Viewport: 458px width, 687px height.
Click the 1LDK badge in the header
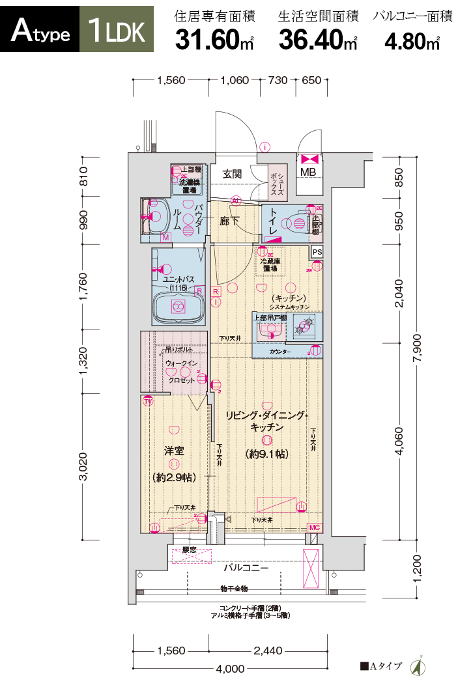[117, 31]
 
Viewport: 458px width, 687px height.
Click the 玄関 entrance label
[232, 174]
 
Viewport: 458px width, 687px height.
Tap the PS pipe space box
[317, 252]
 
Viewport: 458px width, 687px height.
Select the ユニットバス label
[177, 279]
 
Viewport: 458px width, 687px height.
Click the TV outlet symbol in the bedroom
[149, 401]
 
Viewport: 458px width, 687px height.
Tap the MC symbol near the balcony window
[314, 527]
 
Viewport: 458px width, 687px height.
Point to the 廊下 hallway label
[229, 221]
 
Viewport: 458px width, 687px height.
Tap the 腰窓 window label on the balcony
[189, 550]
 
